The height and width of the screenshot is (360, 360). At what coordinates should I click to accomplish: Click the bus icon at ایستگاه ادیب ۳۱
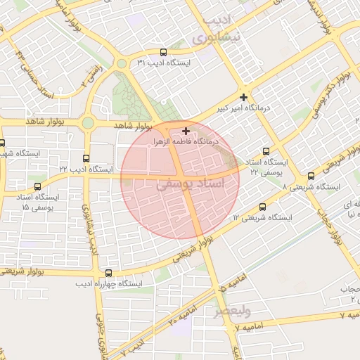[x=164, y=52]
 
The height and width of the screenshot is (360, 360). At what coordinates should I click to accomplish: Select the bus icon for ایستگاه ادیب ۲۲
[x=86, y=158]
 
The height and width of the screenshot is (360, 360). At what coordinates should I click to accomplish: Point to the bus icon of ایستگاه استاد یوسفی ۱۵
[x=37, y=187]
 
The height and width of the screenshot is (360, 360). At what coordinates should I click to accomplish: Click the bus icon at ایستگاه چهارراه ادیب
[x=108, y=273]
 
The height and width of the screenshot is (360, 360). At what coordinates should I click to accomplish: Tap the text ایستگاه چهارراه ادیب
[x=109, y=283]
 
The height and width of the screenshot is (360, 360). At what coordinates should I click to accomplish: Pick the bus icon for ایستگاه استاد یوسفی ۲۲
[x=266, y=151]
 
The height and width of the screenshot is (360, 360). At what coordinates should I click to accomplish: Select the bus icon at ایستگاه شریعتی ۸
[x=311, y=176]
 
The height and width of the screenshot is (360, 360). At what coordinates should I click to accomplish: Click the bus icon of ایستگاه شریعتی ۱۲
[x=263, y=207]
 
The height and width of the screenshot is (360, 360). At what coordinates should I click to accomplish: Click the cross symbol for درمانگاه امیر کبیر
[x=243, y=96]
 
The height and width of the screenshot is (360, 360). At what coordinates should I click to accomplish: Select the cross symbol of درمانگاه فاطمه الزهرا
[x=186, y=131]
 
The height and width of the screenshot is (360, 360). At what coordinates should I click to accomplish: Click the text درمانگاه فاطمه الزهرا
[x=186, y=141]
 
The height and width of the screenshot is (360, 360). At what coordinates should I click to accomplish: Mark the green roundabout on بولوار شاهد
[x=87, y=124]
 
